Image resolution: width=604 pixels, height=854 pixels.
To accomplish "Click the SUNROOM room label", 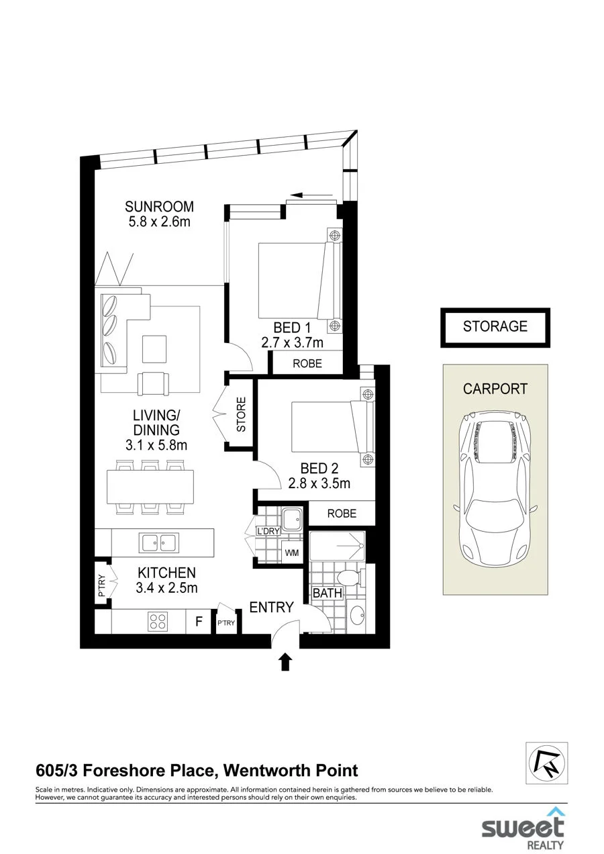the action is (x=159, y=207).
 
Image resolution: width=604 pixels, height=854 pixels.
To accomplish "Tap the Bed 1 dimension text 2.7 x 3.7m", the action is (x=293, y=342).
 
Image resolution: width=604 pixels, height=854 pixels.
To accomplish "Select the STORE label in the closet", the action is (x=241, y=414).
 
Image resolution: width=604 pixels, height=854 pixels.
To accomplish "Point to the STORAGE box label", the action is (x=495, y=326).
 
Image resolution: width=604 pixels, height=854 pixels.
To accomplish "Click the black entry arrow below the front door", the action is (x=285, y=662).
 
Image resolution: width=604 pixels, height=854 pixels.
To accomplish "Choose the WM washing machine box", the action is (x=291, y=552).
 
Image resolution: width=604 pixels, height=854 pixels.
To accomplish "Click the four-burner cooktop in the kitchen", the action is (x=158, y=622).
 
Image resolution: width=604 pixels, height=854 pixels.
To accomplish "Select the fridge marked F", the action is (x=199, y=622).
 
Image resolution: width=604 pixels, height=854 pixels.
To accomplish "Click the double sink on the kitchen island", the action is (x=158, y=542).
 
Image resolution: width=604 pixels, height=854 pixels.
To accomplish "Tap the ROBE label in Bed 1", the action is (x=307, y=363).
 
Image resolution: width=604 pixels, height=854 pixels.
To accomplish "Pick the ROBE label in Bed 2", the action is (x=342, y=514).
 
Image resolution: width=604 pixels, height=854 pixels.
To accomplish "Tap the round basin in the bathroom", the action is (x=358, y=616).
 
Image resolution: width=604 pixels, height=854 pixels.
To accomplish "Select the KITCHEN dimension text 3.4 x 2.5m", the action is (x=166, y=587).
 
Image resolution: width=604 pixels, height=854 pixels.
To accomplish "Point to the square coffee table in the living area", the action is (x=154, y=349).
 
